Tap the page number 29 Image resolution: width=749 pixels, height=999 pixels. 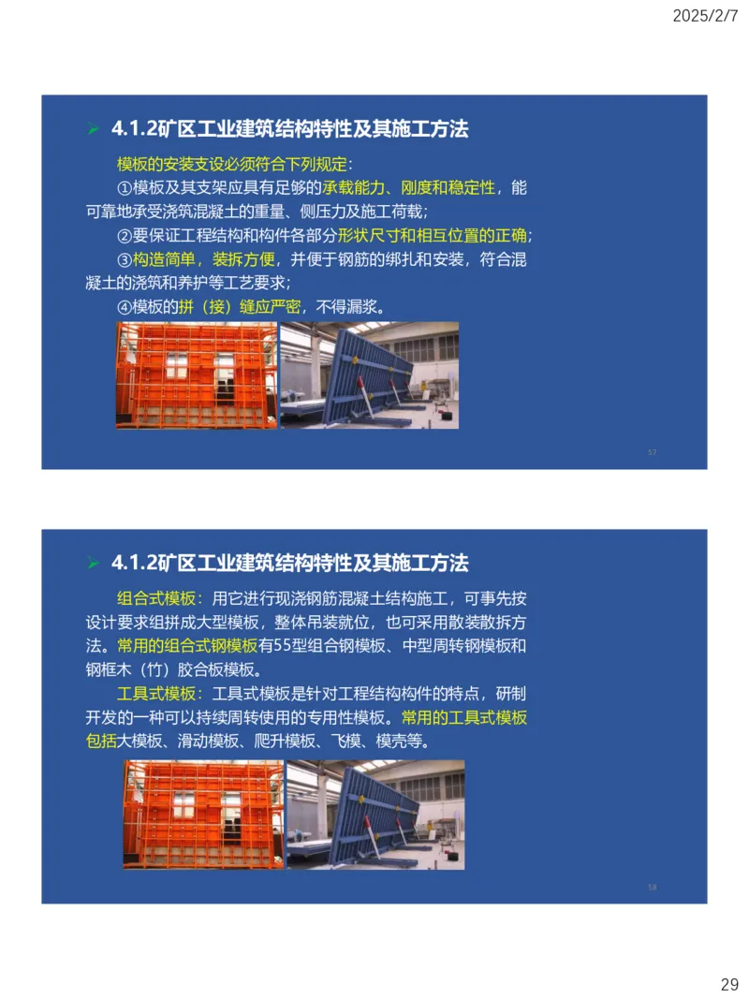coord(729,984)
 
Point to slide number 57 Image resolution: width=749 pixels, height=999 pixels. coord(652,452)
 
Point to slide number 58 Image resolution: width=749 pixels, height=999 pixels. coord(652,887)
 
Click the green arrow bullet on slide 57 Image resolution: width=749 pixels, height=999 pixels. coord(93,130)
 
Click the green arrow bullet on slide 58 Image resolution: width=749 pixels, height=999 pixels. coord(93,564)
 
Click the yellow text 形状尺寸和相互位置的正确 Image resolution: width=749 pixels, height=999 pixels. coord(434,235)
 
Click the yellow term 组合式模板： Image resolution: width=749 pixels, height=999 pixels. coord(160,599)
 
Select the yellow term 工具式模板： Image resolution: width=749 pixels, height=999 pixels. coord(160,694)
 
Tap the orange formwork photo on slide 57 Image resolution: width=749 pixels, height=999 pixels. coord(197,375)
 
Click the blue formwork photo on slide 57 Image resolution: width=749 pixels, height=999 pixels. coord(369,375)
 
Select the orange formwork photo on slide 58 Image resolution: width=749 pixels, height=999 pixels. coord(203,814)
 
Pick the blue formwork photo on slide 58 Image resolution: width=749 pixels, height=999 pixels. coord(375,814)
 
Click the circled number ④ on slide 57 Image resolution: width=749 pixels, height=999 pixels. coord(125,306)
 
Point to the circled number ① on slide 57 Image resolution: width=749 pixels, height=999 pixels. coord(125,188)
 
